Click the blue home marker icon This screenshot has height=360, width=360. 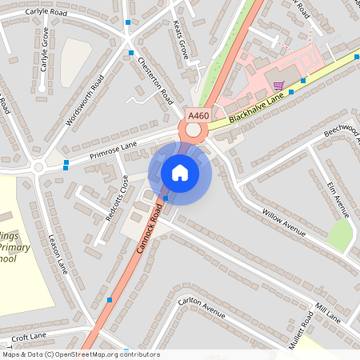click(180, 173)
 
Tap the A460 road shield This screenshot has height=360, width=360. click(198, 116)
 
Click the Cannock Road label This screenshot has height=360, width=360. click(150, 229)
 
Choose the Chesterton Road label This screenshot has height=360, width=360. click(155, 81)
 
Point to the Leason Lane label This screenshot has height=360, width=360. click(57, 255)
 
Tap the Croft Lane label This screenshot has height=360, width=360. click(30, 338)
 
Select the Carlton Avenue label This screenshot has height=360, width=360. click(202, 305)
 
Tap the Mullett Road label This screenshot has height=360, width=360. click(301, 330)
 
